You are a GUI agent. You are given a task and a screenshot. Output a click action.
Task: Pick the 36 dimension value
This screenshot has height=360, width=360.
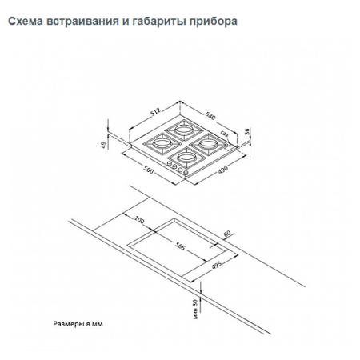coord(250,132)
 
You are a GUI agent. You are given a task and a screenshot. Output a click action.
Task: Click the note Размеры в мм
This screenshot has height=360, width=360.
coord(78,325)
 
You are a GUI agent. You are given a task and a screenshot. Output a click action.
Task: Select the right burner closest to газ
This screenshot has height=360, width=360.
coord(206,142)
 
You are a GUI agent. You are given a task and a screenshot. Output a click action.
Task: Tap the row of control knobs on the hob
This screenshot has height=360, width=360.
coord(180,166)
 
